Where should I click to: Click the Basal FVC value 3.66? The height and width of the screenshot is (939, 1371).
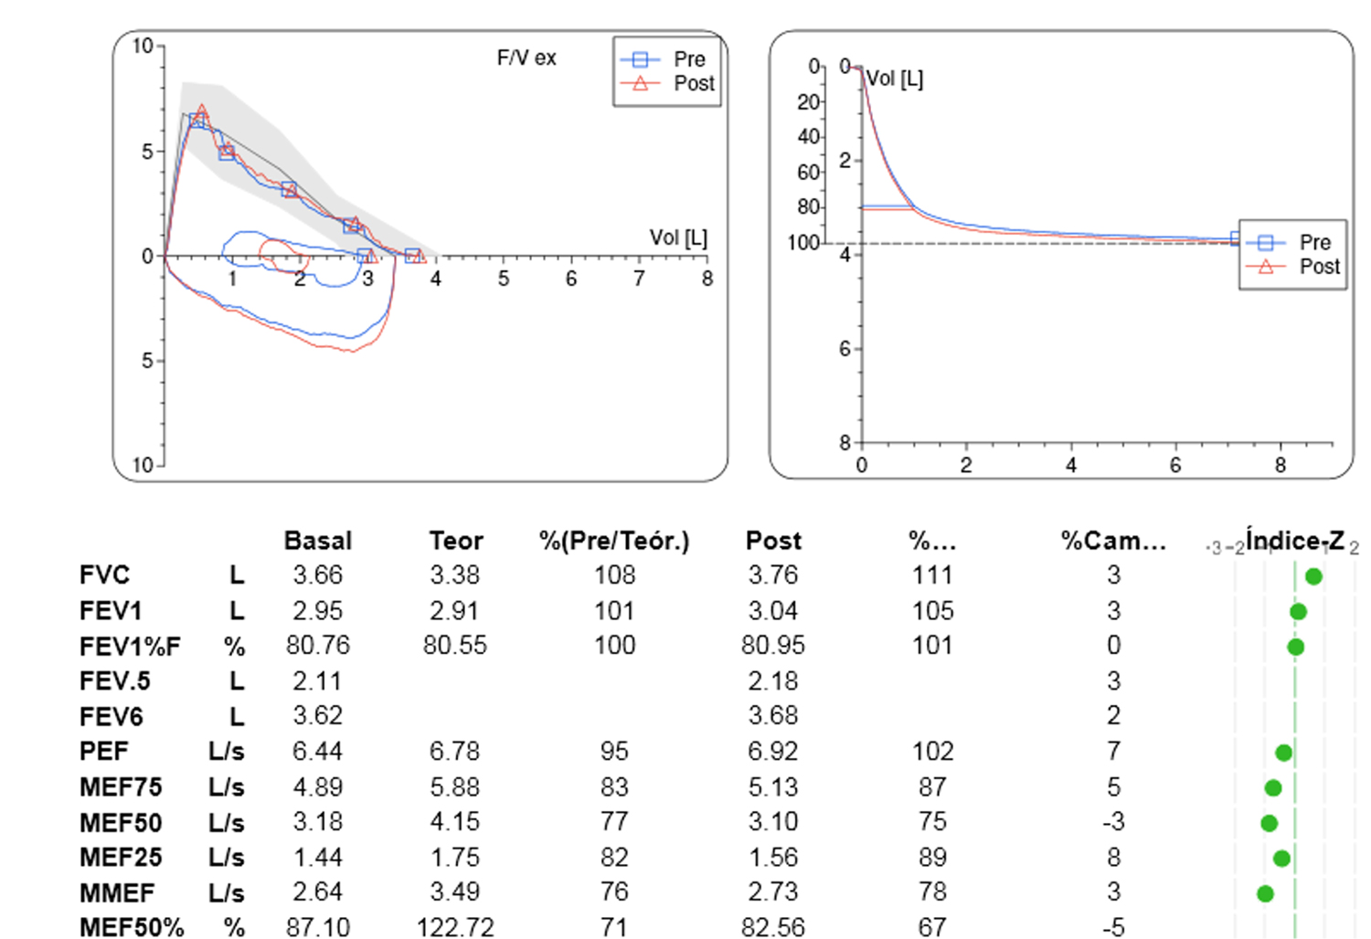click(317, 575)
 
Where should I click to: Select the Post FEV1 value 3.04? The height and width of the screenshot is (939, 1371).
click(772, 610)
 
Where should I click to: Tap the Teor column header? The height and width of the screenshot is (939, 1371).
click(455, 541)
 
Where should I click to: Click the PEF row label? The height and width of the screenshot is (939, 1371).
click(104, 751)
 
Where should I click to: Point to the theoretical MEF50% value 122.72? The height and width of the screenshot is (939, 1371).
click(455, 927)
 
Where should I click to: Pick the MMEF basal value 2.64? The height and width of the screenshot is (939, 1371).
click(317, 892)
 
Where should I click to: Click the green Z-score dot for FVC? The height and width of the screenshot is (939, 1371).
click(1313, 576)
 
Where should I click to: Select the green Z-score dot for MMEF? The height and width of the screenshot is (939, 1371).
click(1265, 893)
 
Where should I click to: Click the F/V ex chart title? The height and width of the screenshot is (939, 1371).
click(526, 58)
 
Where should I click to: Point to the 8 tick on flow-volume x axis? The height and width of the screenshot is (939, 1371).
click(707, 279)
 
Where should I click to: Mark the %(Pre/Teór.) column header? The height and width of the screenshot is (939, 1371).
click(614, 541)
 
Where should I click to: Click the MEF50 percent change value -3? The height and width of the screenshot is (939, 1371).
click(1112, 822)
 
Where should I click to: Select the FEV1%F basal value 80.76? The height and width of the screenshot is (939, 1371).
click(317, 646)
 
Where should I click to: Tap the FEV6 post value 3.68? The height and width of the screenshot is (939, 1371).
click(772, 716)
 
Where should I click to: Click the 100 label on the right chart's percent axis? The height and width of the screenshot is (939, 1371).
click(803, 243)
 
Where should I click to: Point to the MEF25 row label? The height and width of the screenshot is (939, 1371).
click(121, 858)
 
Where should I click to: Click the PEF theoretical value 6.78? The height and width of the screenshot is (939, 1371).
click(455, 751)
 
